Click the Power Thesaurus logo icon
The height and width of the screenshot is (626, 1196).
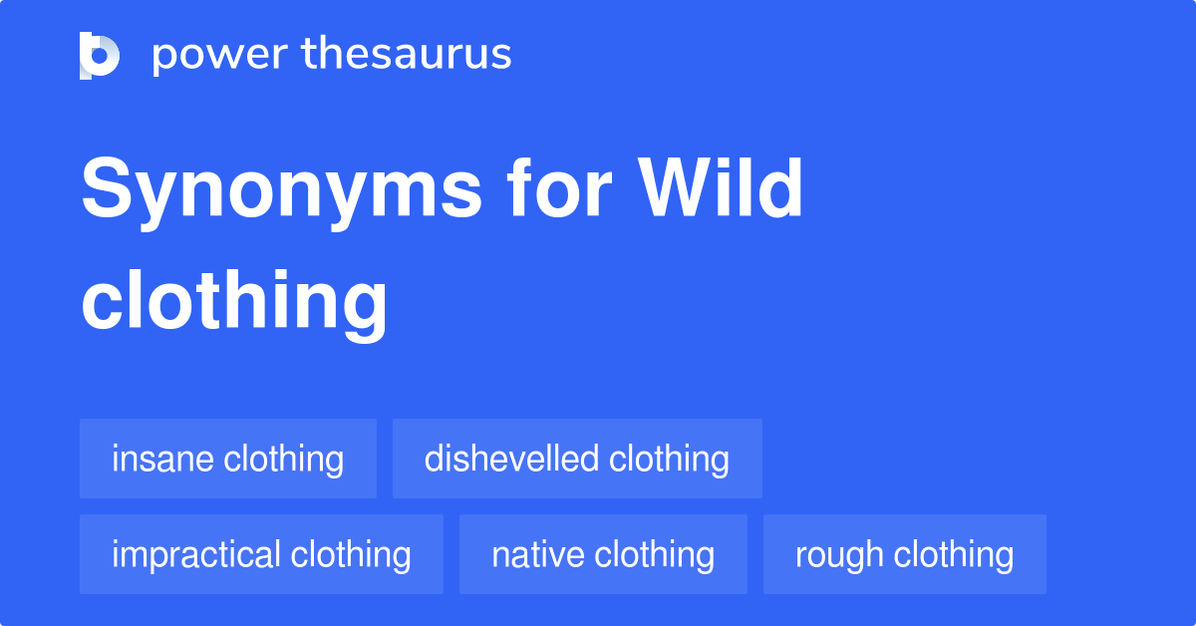(x=100, y=55)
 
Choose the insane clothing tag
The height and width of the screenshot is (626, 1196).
(x=228, y=459)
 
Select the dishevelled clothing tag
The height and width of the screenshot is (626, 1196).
(x=577, y=459)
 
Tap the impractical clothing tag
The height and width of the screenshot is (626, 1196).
(x=261, y=554)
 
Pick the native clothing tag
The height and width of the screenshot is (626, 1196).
(x=603, y=554)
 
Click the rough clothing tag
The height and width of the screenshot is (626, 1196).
(x=905, y=554)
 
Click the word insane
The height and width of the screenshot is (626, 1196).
(x=163, y=459)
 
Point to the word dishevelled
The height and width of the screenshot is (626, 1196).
(x=511, y=459)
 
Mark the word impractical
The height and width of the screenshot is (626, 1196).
(x=196, y=554)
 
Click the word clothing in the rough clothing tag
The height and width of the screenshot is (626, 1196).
(x=954, y=554)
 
